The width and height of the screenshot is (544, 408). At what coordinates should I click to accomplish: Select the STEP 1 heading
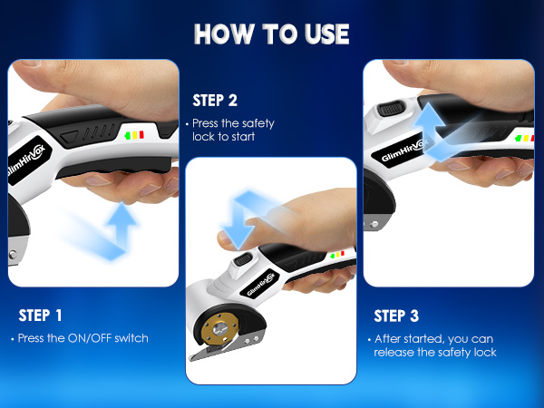coord(41,316)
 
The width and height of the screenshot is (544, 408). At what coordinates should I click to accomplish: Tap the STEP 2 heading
coord(215,100)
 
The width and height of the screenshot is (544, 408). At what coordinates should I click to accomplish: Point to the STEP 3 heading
coord(396,316)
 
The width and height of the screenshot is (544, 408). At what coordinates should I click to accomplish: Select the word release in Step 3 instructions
coord(395,352)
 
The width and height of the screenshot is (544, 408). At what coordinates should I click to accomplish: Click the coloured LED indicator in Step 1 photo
coord(135,136)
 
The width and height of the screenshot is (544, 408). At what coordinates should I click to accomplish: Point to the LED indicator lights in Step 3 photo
coord(523,140)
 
